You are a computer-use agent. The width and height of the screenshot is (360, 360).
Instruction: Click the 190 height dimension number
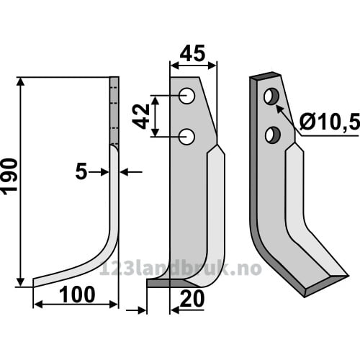click(x=9, y=175)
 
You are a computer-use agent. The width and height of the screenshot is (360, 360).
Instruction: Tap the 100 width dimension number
click(x=77, y=294)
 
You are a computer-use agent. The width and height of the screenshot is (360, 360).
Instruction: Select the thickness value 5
click(x=81, y=172)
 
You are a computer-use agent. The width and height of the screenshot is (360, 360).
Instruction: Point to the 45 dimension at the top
click(x=192, y=53)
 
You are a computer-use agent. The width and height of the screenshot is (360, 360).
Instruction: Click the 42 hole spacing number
click(x=141, y=117)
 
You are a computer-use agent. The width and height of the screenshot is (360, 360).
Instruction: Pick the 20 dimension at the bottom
click(x=192, y=299)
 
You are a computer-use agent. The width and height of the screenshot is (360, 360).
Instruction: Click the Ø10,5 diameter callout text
click(x=329, y=122)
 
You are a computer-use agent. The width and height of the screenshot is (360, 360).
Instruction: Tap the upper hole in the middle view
click(x=187, y=96)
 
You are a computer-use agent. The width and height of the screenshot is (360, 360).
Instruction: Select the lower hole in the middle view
click(x=186, y=137)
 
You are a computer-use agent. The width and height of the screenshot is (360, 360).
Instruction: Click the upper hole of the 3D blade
click(x=271, y=96)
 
